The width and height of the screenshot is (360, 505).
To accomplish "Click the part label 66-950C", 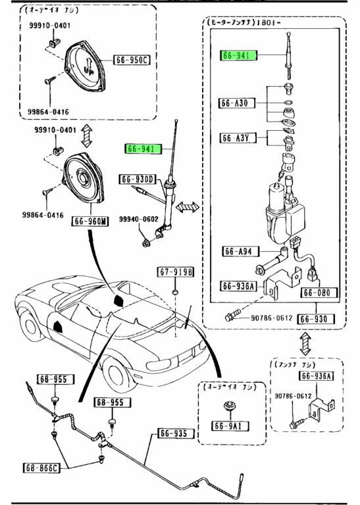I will coord(132,60).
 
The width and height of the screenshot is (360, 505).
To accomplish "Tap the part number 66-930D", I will coord(137,180).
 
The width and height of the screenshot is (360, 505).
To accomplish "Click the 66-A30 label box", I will coord(234,104).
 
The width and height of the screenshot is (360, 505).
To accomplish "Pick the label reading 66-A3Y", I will coord(234,138).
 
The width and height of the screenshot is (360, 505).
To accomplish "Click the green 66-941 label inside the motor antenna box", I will coord(235,56).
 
